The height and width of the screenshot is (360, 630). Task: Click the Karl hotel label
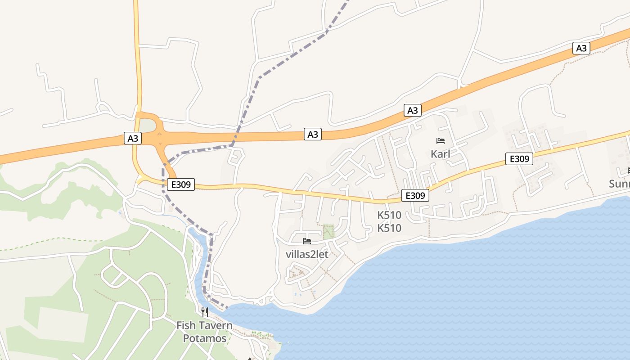[x=440, y=154]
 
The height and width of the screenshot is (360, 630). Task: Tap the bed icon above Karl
[x=441, y=141]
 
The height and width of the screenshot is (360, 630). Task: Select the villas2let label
[x=307, y=254]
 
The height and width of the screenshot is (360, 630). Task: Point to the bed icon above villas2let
[x=307, y=241]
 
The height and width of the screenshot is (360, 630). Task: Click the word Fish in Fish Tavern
[x=185, y=325]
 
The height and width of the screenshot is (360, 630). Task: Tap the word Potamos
[x=205, y=338]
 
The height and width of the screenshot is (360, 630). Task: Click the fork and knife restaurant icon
[x=205, y=312]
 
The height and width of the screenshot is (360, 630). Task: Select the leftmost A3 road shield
[x=133, y=139]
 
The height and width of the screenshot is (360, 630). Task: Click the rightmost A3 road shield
[x=581, y=48]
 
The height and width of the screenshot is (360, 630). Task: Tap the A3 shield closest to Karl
[x=413, y=110]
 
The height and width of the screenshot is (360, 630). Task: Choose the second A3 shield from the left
[x=313, y=134]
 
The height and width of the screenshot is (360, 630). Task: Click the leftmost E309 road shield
[x=181, y=184]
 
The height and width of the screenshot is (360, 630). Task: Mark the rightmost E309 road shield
[x=519, y=159]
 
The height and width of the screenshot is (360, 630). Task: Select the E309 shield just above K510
[x=415, y=195]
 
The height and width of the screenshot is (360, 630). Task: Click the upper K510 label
[x=389, y=215]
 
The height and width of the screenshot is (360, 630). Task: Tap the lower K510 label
[x=389, y=228]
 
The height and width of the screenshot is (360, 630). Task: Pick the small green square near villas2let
[x=329, y=231]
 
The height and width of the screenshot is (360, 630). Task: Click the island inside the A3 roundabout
[x=147, y=126]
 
